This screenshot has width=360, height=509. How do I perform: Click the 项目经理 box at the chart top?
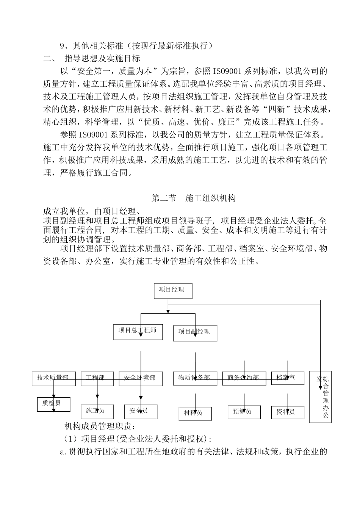(173, 291)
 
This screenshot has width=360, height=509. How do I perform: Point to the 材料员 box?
(195, 413)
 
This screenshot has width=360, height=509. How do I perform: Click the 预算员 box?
(244, 412)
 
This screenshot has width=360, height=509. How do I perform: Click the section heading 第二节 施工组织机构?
(194, 198)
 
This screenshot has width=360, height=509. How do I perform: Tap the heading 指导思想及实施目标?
(102, 58)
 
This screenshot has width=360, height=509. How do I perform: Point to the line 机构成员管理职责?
(99, 427)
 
